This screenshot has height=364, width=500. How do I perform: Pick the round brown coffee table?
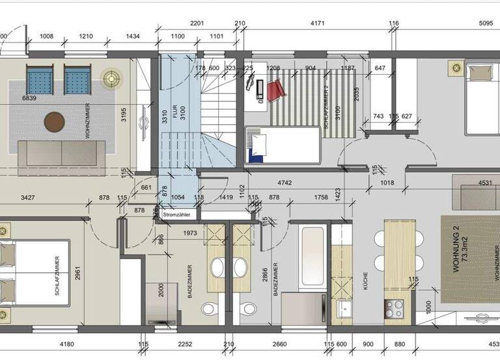tap(55, 122)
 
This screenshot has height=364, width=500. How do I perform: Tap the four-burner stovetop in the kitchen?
tap(394, 307)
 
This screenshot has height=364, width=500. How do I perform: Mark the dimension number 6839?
tap(29, 98)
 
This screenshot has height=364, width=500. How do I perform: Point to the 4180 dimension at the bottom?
tap(62, 345)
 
